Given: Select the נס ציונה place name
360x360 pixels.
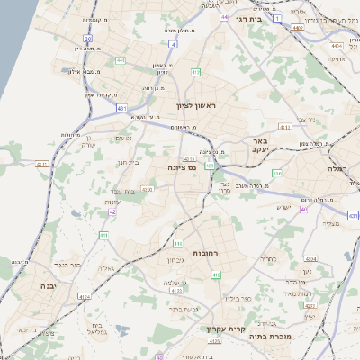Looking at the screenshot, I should pos(183,167).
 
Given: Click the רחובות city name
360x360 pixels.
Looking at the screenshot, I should pos(206,253).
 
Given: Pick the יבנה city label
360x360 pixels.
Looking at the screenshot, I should pos(47,285).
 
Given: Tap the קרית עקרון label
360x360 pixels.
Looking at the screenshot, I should pos(220,329).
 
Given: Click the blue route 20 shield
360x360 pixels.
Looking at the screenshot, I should pos(87,39).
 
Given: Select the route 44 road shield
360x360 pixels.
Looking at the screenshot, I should pos(222,16).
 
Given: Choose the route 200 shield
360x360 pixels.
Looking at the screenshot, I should pos(277,173).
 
